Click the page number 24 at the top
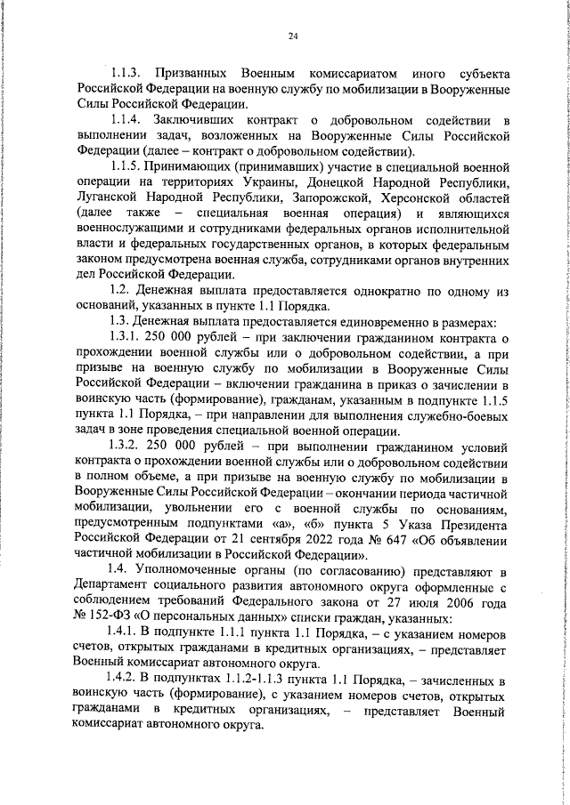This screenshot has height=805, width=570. click(293, 36)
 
